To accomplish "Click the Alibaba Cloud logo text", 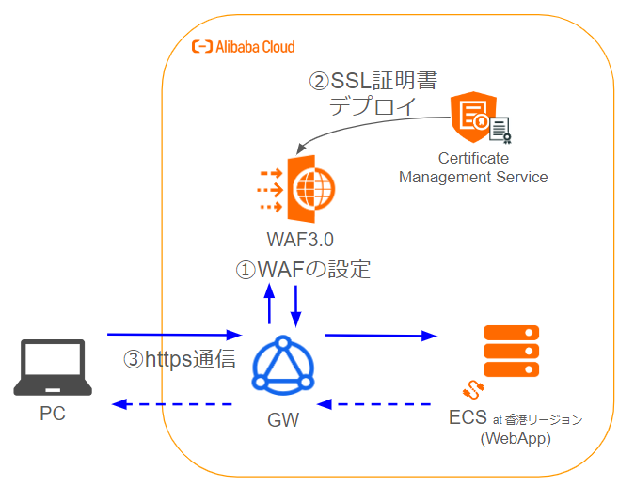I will tap(243, 46).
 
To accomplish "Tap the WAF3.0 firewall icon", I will tap(300, 187).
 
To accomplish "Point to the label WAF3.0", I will tap(300, 241).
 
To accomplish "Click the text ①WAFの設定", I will tap(304, 270).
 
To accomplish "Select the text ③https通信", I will tap(180, 359).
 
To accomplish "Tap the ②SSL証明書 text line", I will tap(373, 81).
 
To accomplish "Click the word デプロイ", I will tap(373, 106).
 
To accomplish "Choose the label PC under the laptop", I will tap(54, 413).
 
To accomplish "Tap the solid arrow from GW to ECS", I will tap(381, 335).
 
